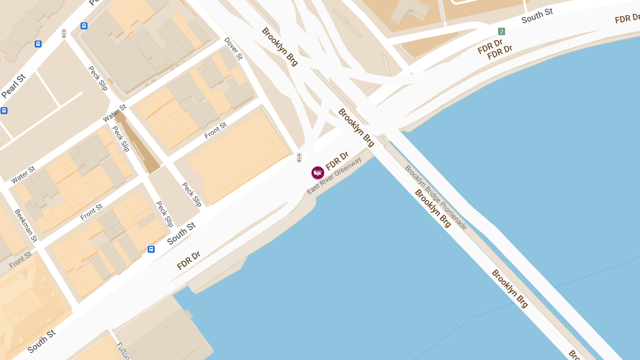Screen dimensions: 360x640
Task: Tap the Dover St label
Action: coord(234,48)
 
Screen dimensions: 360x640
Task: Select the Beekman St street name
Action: coord(26,225)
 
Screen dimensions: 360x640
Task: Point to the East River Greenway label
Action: coord(334,175)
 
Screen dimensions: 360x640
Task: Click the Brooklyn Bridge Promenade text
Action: coord(436,197)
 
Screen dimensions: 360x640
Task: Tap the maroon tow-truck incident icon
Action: coord(318,173)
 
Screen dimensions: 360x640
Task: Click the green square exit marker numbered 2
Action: coord(501,31)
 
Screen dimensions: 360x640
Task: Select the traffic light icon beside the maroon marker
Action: coord(299,158)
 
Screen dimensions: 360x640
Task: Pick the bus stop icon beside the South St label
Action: coord(151,249)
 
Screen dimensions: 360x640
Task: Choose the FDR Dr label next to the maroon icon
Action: coord(337,161)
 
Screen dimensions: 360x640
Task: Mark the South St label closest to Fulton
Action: coord(41,341)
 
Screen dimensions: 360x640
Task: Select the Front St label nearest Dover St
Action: coord(215,130)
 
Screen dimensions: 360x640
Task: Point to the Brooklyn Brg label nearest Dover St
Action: coord(280,46)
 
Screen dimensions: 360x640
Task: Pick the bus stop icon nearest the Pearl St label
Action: coord(38,44)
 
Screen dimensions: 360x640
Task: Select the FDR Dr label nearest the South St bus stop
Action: coord(188,261)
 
